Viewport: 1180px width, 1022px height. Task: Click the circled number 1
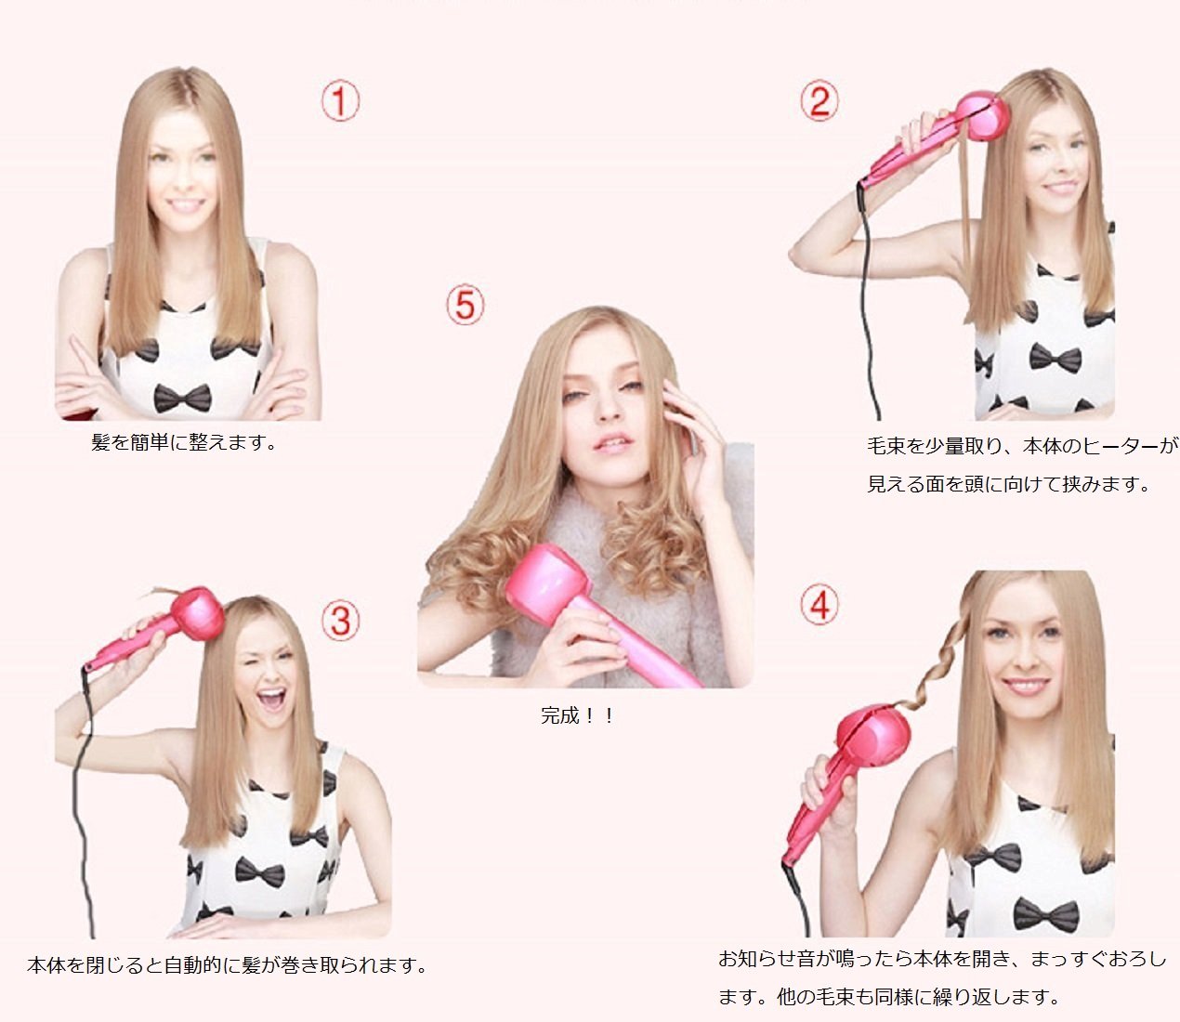coord(340,101)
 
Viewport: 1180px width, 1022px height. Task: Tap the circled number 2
coord(819,101)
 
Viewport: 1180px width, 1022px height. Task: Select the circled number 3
coord(341,621)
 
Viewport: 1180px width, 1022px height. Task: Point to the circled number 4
coord(819,605)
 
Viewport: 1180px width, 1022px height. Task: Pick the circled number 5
coord(465,305)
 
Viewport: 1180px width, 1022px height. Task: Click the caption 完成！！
coord(577,715)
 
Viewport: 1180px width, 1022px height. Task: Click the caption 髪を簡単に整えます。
coord(184,442)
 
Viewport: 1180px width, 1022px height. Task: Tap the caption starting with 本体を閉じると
coord(227,964)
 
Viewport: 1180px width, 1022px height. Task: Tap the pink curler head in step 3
coord(198,612)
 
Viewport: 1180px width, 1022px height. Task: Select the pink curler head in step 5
coord(547,583)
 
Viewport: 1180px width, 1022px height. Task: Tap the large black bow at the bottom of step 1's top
coord(183,398)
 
